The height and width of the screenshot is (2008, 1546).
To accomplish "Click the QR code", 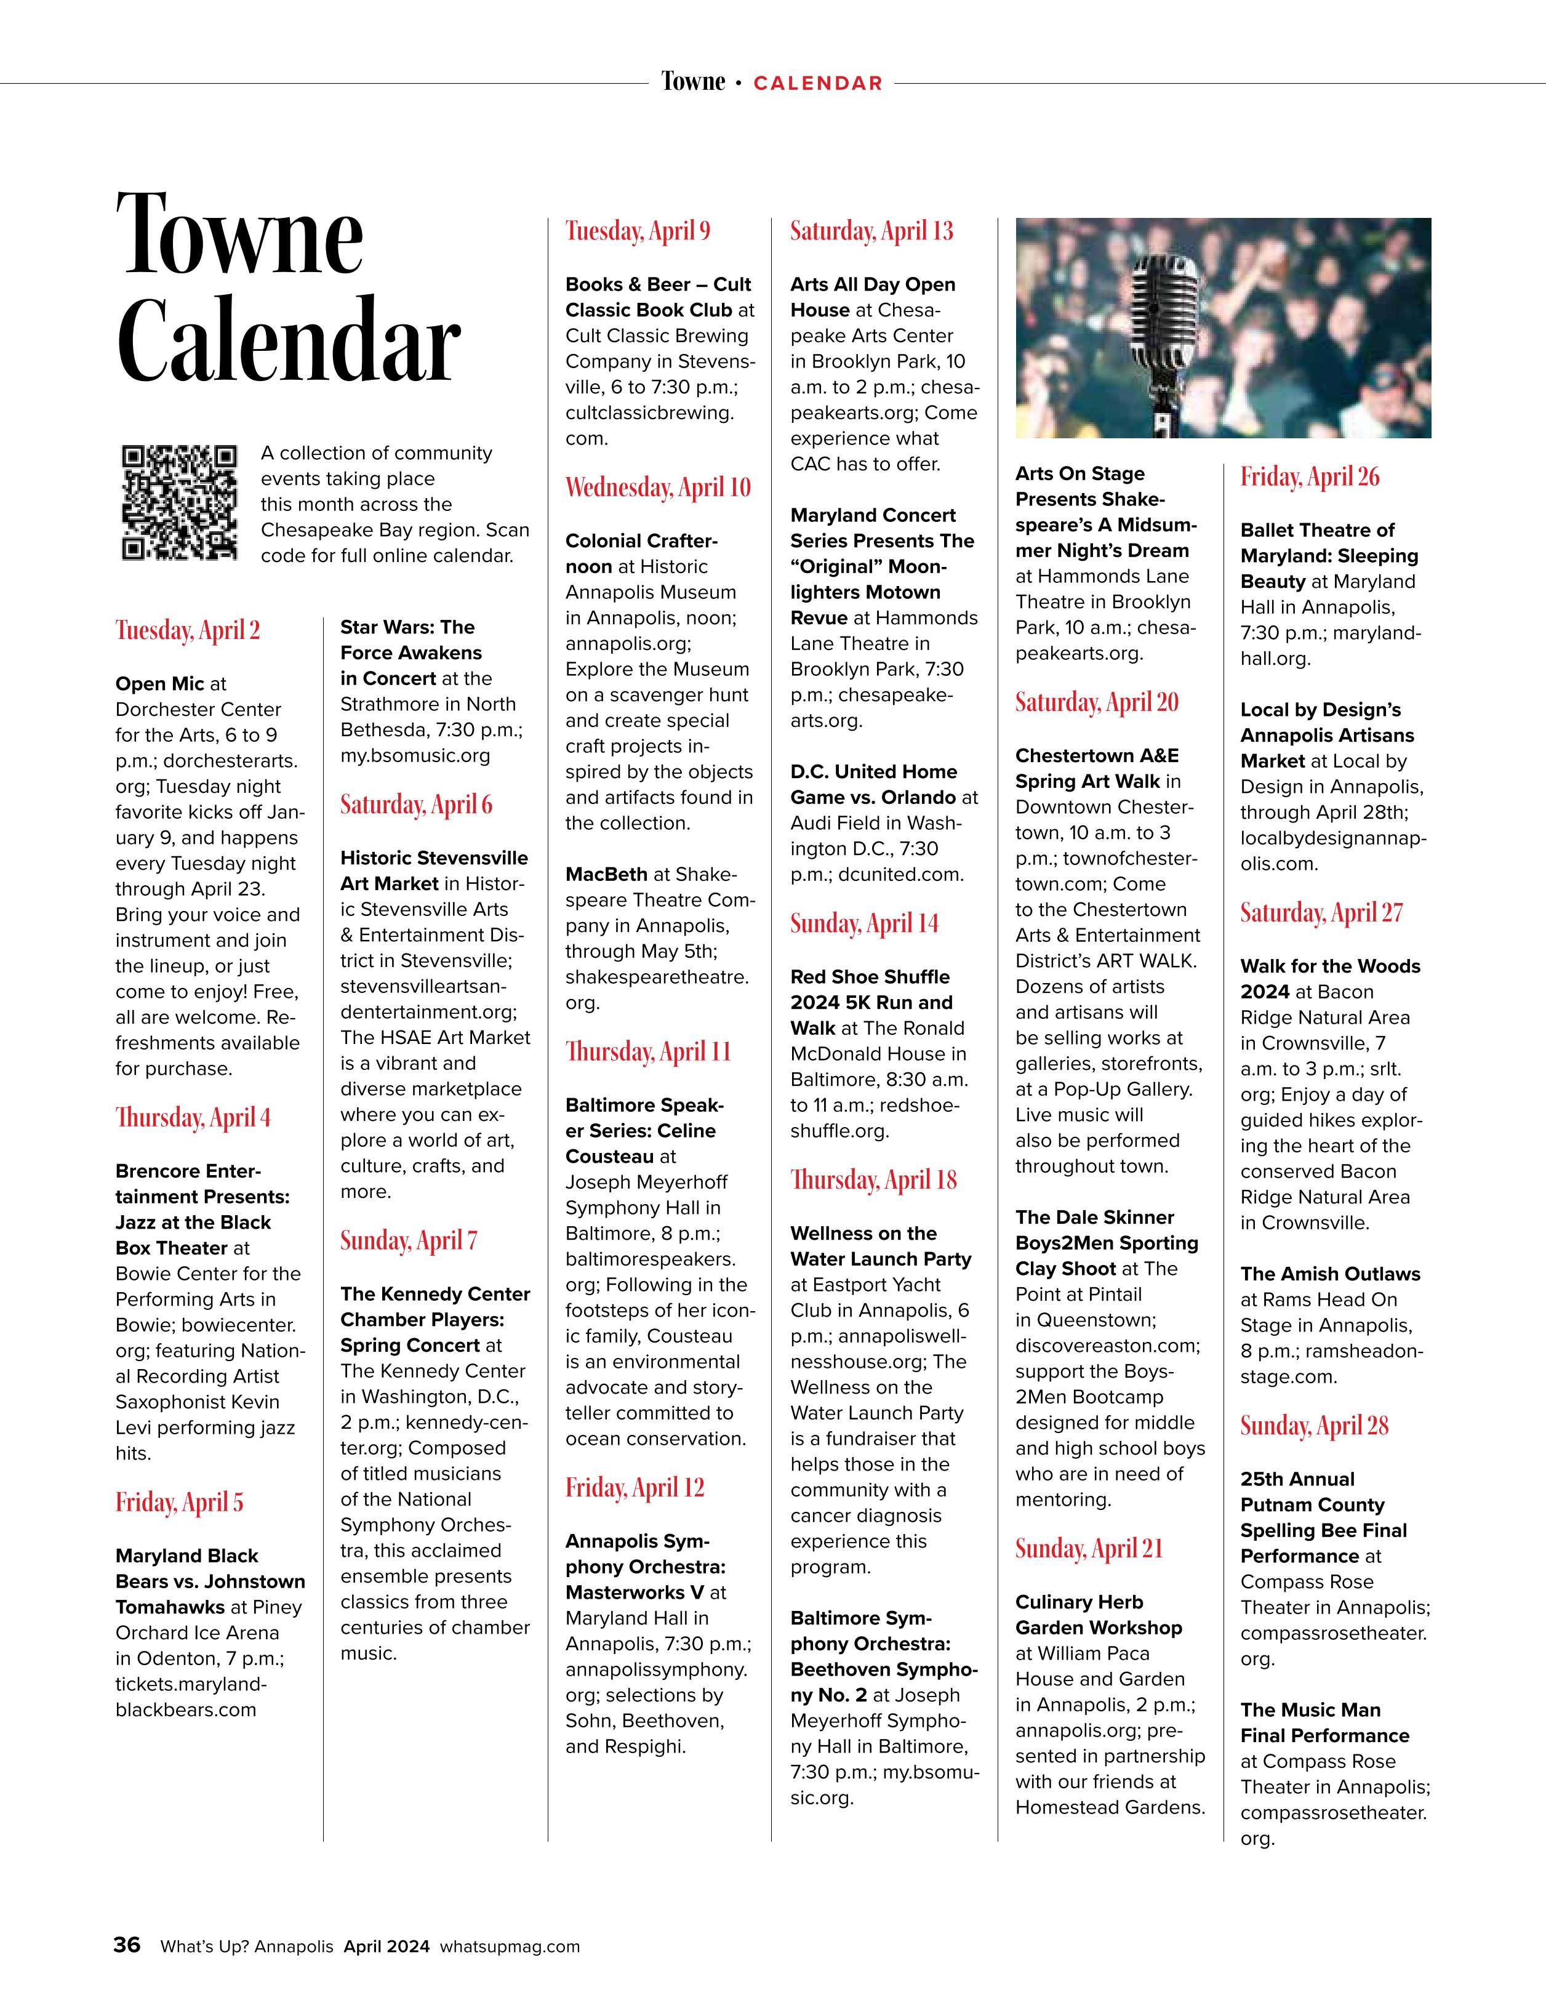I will pyautogui.click(x=178, y=502).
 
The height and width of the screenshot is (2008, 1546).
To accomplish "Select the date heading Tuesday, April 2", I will pyautogui.click(x=188, y=631).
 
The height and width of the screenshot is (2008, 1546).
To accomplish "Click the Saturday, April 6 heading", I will pyautogui.click(x=415, y=805).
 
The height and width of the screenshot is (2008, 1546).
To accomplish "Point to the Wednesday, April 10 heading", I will pyautogui.click(x=657, y=488).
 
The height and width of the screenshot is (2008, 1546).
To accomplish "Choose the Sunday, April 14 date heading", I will pyautogui.click(x=864, y=924).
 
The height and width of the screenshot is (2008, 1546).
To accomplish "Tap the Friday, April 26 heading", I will pyautogui.click(x=1310, y=477).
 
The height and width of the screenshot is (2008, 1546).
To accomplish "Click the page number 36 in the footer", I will pyautogui.click(x=127, y=1945).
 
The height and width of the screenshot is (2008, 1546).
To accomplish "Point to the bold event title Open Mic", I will pyautogui.click(x=159, y=684).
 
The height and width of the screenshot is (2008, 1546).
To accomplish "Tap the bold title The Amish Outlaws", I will pyautogui.click(x=1329, y=1274).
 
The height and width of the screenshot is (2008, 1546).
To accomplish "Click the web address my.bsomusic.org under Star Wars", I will pyautogui.click(x=415, y=756).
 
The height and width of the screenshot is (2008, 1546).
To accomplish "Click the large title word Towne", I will pyautogui.click(x=240, y=235).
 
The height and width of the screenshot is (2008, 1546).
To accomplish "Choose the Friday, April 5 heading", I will pyautogui.click(x=179, y=1503).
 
